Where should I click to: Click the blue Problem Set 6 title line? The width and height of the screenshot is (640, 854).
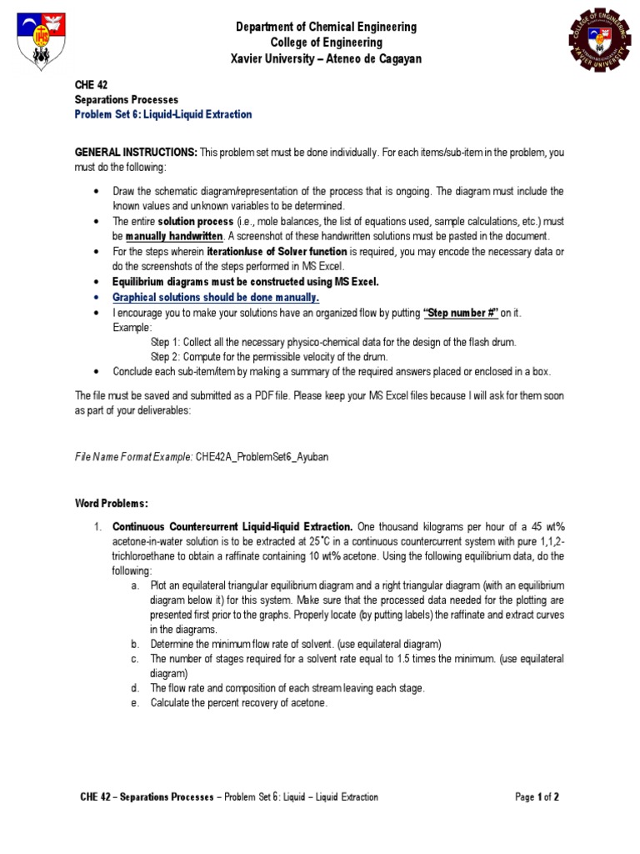point(163,114)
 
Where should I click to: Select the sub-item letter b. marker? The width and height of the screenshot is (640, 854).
point(135,644)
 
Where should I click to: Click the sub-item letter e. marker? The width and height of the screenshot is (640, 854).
point(135,703)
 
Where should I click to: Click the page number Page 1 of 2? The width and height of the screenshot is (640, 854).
point(537,797)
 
